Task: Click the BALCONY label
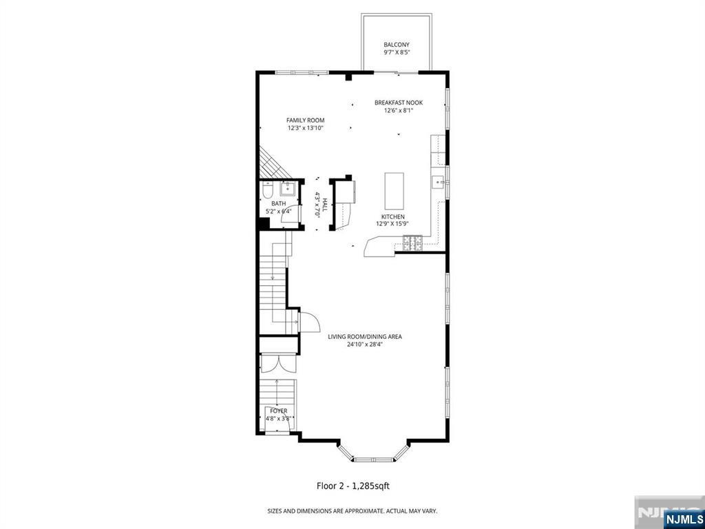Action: click(x=397, y=45)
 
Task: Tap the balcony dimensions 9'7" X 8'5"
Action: click(x=397, y=52)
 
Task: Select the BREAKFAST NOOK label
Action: click(x=399, y=103)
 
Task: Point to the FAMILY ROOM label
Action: click(x=305, y=120)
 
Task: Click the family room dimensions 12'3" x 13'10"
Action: click(x=306, y=127)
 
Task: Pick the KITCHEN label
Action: click(x=393, y=217)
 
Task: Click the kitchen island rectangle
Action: click(x=394, y=191)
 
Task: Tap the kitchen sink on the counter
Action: click(x=437, y=182)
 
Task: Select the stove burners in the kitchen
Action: click(x=412, y=243)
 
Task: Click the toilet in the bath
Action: click(x=267, y=191)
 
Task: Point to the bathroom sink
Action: click(x=286, y=189)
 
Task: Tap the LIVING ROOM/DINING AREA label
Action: click(x=365, y=336)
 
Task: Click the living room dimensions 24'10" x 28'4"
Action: click(x=365, y=344)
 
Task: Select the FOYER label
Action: click(x=279, y=411)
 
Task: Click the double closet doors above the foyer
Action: click(x=277, y=364)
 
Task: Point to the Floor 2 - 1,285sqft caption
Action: click(x=353, y=486)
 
